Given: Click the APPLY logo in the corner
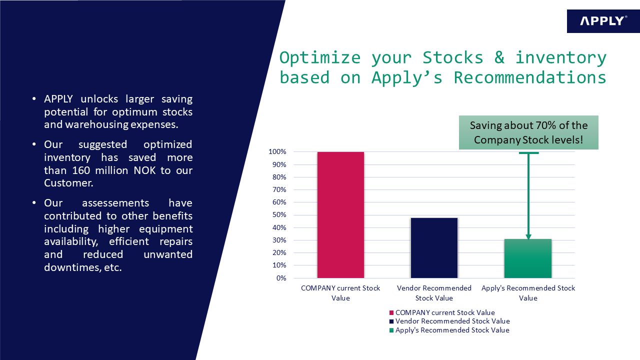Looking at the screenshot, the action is tap(603, 21).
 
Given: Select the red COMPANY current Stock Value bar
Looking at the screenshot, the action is tap(340, 215).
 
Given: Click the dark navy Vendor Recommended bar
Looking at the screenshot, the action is tap(434, 248).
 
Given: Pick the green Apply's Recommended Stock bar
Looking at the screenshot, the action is tap(527, 258).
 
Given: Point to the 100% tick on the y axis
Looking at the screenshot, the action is tap(277, 151).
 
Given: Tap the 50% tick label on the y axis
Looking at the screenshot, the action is tap(279, 215).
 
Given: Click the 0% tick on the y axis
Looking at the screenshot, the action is tap(281, 278).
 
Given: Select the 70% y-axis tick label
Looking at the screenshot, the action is tap(279, 189).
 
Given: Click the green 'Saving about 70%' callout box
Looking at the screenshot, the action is tap(528, 132).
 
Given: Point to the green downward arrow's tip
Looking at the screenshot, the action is tap(528, 239).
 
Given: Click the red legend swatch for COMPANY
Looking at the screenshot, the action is tap(391, 312).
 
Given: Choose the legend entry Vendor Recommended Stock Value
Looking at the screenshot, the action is tap(449, 321).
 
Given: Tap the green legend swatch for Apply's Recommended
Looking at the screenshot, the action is tap(391, 330).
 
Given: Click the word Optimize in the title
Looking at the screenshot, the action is tap(320, 58).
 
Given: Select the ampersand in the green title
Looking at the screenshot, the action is tap(499, 57).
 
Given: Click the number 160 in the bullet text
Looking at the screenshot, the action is tap(81, 170).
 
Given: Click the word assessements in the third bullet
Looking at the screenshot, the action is tap(115, 203).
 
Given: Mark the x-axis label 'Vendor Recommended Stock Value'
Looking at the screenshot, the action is tap(434, 293).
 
